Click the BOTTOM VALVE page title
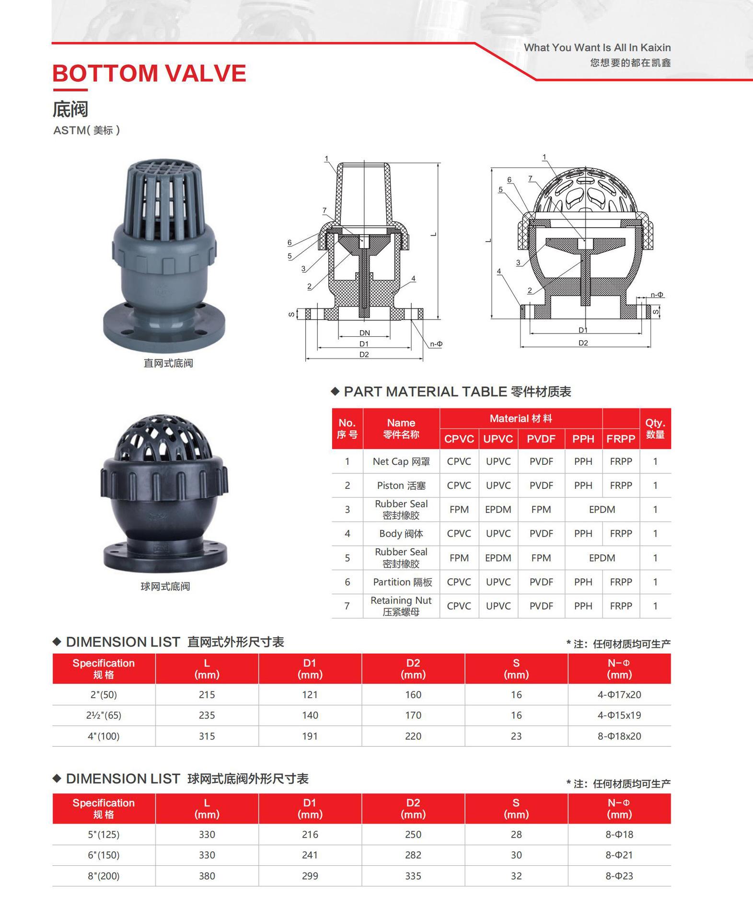point(149,73)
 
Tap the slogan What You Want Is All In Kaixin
point(597,47)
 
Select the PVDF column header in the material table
point(541,439)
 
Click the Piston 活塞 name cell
point(401,485)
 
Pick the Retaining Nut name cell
point(401,606)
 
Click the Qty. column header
point(655,428)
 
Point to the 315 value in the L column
point(207,736)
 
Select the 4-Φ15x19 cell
point(619,715)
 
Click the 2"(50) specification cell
point(104,694)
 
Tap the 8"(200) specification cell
point(104,876)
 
